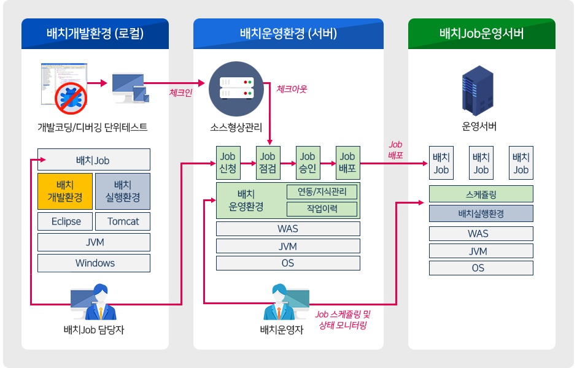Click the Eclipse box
(x=66, y=221)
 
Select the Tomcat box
(x=123, y=221)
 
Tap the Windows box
(x=94, y=263)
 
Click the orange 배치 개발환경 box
(x=65, y=191)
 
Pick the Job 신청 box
(x=227, y=163)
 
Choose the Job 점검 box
(x=267, y=163)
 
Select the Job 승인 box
(x=308, y=163)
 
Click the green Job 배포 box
(x=347, y=163)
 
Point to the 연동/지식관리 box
(x=322, y=191)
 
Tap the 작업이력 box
(x=322, y=209)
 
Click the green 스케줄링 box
(x=481, y=194)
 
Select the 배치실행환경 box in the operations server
(x=481, y=213)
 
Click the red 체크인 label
(x=180, y=93)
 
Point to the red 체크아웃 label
(x=292, y=89)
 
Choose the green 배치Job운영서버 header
(x=482, y=34)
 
